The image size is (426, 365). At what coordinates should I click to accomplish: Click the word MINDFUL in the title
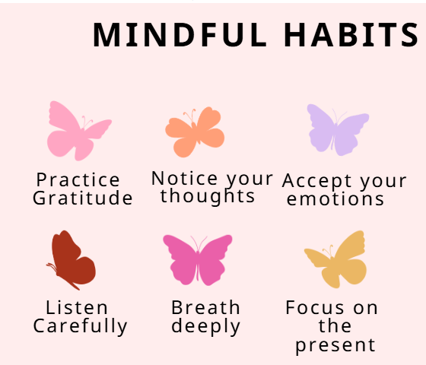[180, 36]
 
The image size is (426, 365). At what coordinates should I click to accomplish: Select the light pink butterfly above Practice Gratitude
[77, 131]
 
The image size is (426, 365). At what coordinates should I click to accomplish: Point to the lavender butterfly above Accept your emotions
[336, 129]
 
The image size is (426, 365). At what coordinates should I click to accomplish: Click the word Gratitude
[82, 199]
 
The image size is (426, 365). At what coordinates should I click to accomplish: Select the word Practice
[78, 180]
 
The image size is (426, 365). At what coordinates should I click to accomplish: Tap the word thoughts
[208, 196]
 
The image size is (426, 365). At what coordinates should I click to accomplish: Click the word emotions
[335, 199]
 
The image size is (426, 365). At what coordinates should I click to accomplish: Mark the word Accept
[317, 182]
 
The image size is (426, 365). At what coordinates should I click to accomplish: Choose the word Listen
[77, 308]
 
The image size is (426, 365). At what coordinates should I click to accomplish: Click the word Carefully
[80, 327]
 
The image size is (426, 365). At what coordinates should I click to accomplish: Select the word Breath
[205, 308]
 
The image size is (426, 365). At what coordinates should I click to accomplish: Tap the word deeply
[205, 327]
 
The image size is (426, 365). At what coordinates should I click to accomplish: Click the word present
[335, 346]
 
